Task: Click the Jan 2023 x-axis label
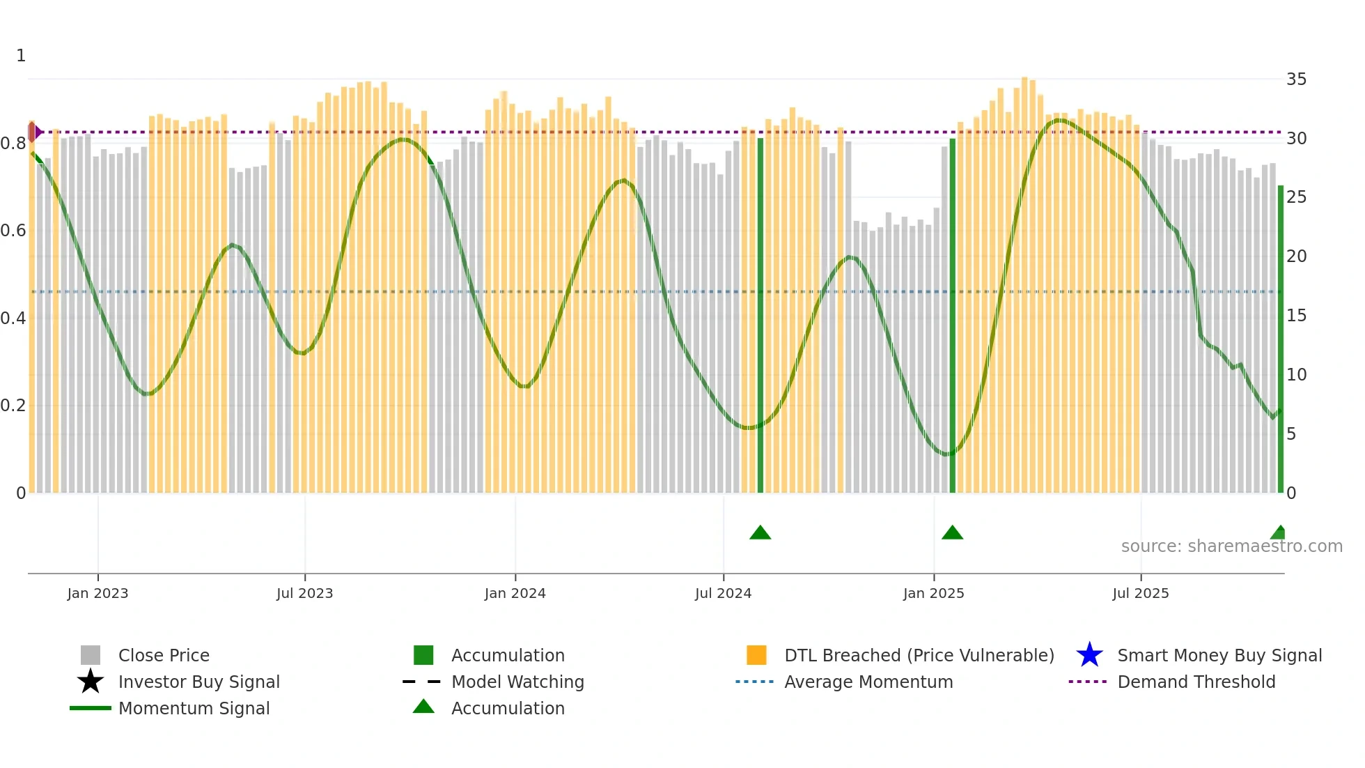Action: click(x=97, y=593)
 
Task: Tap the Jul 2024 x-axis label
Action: click(x=723, y=593)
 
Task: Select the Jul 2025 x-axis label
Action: click(x=1140, y=593)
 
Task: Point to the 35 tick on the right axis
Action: click(x=1296, y=79)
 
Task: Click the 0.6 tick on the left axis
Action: click(x=13, y=231)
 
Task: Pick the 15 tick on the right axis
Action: click(x=1296, y=316)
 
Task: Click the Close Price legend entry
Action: click(x=164, y=655)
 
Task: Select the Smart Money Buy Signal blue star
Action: click(x=1089, y=655)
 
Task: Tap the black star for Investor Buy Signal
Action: click(x=91, y=682)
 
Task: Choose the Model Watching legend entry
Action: click(x=517, y=682)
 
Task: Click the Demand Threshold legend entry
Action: click(x=1196, y=682)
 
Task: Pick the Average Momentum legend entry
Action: click(x=868, y=682)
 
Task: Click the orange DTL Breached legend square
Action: click(x=756, y=655)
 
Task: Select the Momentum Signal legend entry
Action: click(x=194, y=708)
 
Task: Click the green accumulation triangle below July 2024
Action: click(x=760, y=533)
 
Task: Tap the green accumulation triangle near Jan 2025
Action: click(x=952, y=533)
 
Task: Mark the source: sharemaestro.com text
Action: click(x=1231, y=546)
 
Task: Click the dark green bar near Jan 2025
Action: click(x=953, y=314)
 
